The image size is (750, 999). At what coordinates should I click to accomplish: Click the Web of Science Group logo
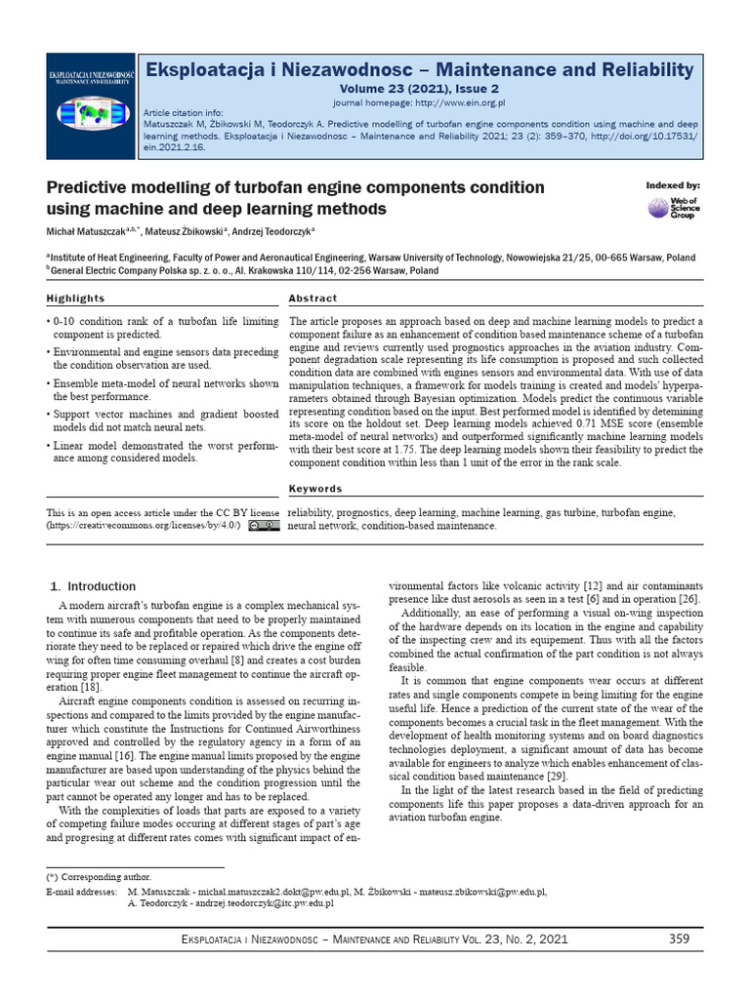(673, 207)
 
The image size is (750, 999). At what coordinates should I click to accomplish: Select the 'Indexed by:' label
(673, 185)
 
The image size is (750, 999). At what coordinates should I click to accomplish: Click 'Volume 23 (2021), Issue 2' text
(419, 88)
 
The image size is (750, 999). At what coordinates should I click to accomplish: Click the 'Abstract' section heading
(313, 299)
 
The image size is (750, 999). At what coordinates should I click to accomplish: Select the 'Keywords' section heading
(315, 489)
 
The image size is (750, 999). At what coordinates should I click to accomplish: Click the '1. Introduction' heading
(93, 586)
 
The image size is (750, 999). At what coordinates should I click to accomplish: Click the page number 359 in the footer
(680, 939)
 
